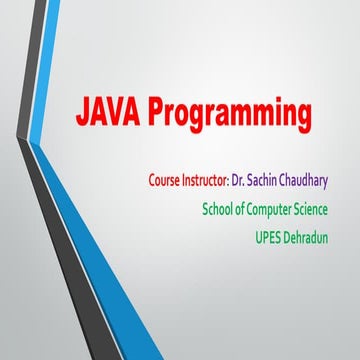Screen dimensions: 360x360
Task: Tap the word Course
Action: pos(165,182)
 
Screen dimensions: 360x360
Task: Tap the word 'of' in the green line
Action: pos(243,210)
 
